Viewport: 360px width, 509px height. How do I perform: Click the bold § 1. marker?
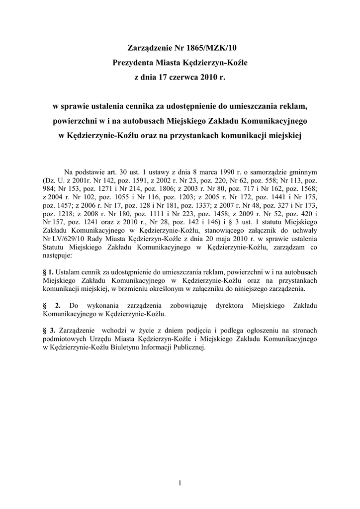point(49,272)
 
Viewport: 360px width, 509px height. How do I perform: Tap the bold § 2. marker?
point(52,305)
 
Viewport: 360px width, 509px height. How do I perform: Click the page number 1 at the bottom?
point(180,482)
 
